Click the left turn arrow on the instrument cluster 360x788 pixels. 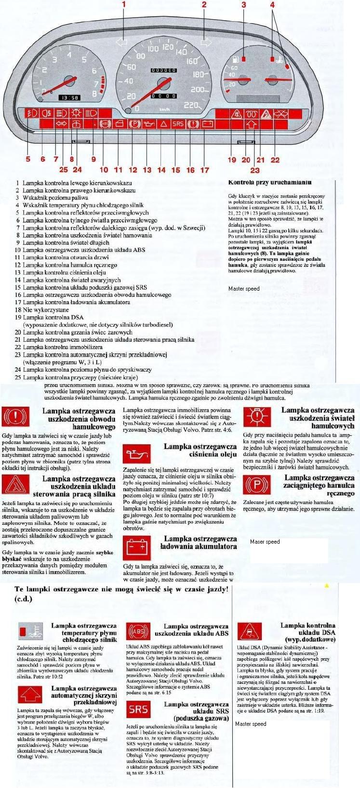tap(122, 41)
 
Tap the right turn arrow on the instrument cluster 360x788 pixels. tap(206, 41)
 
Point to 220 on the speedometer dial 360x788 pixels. tap(192, 105)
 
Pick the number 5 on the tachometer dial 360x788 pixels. tap(84, 60)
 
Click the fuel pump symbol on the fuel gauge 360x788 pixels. tap(235, 60)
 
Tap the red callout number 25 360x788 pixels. tap(64, 169)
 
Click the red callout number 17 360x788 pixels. tap(204, 170)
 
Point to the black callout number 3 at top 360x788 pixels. tap(243, 5)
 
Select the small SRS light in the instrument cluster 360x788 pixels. tap(178, 124)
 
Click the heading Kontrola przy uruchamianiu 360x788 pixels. tap(269, 182)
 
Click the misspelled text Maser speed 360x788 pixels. tap(265, 542)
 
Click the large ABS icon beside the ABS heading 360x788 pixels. tap(138, 632)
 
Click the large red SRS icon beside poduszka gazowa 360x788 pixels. tap(138, 709)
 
